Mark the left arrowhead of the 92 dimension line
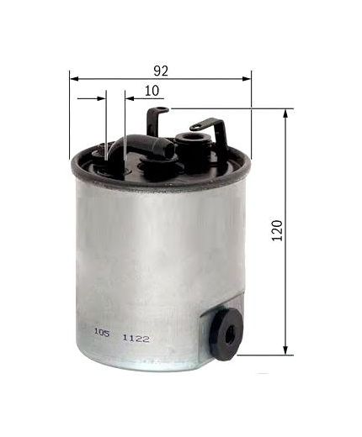(72, 78)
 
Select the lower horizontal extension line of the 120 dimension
(261, 353)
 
